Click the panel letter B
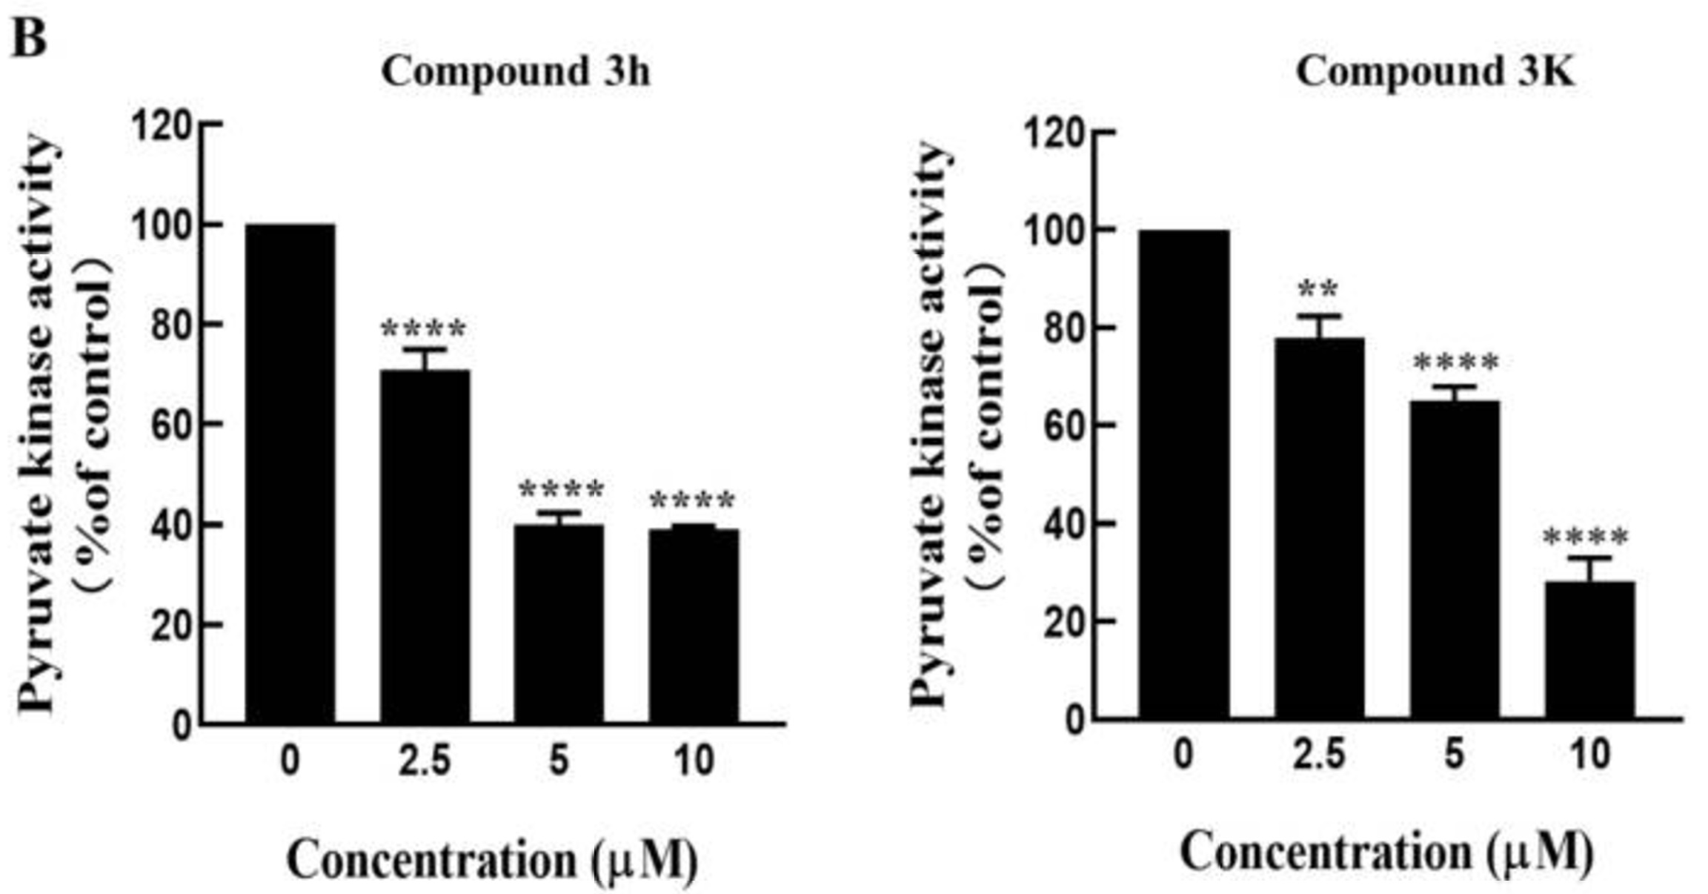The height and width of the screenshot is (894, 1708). click(x=30, y=37)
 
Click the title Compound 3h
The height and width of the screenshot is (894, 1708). click(x=516, y=73)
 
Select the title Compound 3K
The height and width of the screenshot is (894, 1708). click(x=1435, y=73)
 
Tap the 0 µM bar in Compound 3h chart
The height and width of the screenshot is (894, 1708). click(x=290, y=474)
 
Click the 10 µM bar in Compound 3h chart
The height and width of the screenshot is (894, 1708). click(x=694, y=626)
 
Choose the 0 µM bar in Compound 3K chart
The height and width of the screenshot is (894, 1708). click(x=1184, y=474)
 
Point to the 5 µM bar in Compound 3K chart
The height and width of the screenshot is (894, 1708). click(x=1454, y=560)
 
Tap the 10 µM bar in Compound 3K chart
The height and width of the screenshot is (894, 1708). click(x=1589, y=649)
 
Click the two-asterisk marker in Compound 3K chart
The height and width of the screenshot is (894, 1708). click(x=1318, y=288)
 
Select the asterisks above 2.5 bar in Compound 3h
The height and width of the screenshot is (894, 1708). click(x=424, y=328)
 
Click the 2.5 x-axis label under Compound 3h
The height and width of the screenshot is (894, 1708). click(x=425, y=761)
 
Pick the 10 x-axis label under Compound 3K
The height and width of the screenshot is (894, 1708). click(x=1590, y=755)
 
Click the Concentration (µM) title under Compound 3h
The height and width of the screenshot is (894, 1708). click(x=492, y=860)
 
